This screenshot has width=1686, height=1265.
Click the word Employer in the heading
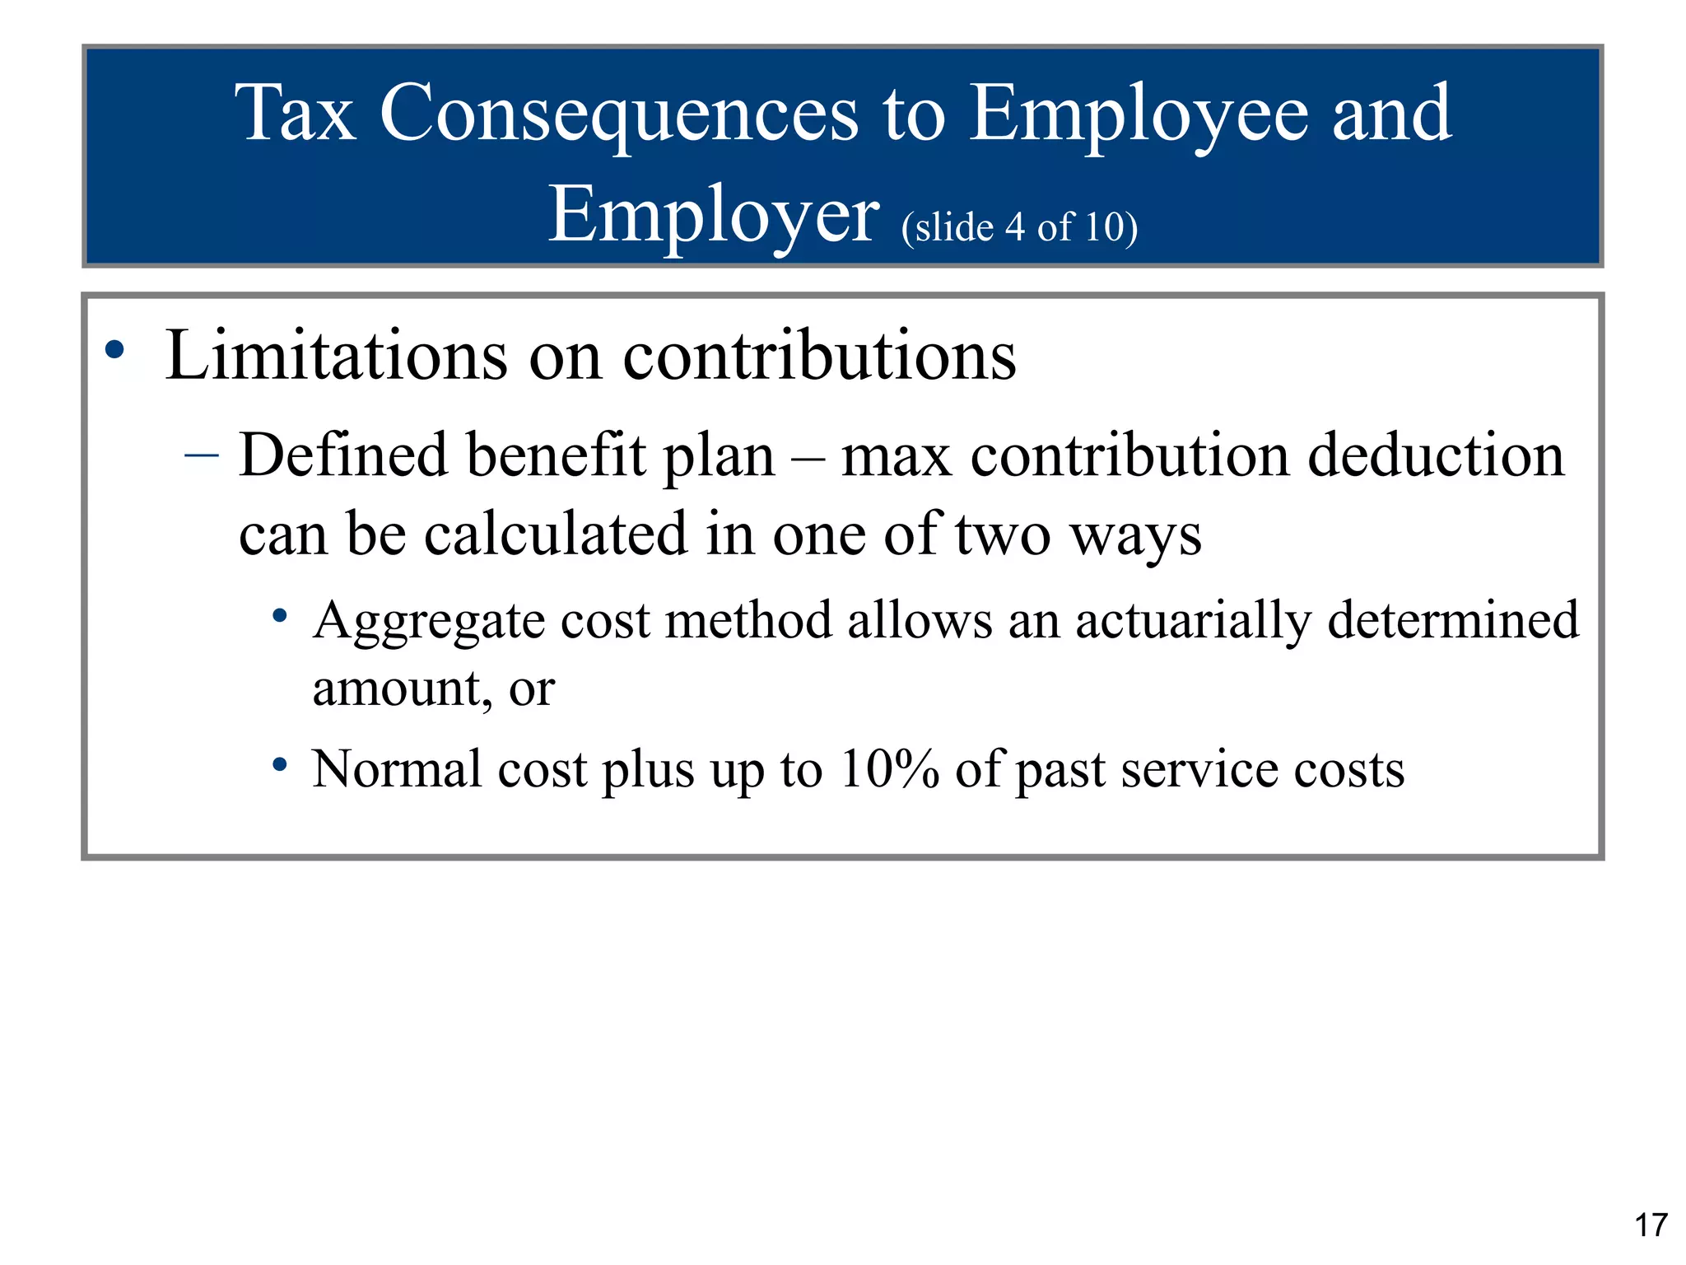tap(713, 216)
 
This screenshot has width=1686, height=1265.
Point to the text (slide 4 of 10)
tap(1019, 227)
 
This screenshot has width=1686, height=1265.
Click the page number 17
tap(1651, 1225)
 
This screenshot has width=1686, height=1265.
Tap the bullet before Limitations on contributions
tap(114, 350)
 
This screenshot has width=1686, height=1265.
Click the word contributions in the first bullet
tap(819, 356)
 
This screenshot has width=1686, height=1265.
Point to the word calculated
tap(556, 534)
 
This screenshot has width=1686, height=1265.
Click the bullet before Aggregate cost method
tap(280, 615)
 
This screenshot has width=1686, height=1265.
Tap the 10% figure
tap(889, 769)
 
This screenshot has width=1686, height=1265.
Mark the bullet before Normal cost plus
tap(280, 765)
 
